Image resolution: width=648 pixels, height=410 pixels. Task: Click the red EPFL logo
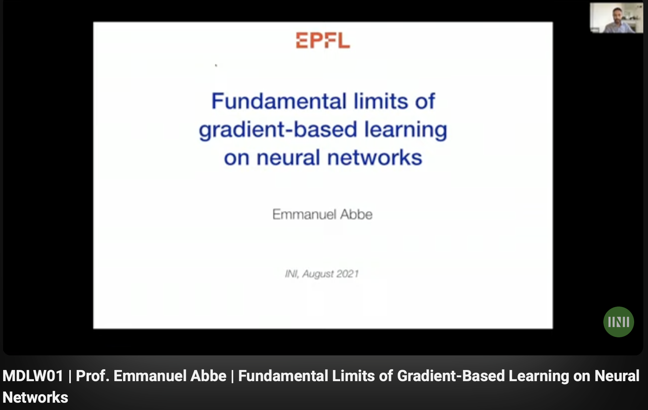pos(323,40)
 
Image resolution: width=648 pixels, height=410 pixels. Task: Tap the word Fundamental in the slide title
pos(279,101)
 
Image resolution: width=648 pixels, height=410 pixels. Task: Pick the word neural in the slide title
pos(288,158)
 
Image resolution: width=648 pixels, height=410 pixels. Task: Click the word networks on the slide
pos(375,158)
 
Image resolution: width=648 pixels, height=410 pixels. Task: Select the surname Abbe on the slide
pos(356,214)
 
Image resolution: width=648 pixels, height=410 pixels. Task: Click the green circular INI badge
pos(618,322)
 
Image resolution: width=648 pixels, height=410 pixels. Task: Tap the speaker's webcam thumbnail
pos(616,18)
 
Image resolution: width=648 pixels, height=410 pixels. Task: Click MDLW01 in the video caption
pos(33,376)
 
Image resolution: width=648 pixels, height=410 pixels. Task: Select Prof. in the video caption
pos(93,376)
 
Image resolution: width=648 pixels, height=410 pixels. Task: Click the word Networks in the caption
pos(35,397)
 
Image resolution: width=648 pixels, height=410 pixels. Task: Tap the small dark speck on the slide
pos(216,65)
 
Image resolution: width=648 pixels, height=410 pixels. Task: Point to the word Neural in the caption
pos(617,376)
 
